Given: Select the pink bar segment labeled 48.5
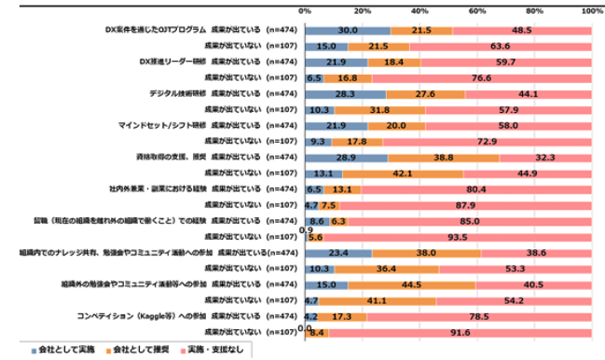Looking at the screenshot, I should pyautogui.click(x=522, y=30).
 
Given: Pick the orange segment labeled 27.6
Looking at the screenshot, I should pyautogui.click(x=425, y=93).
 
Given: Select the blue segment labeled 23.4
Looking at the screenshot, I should pyautogui.click(x=338, y=252).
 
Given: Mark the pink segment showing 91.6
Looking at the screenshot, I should pyautogui.click(x=460, y=331).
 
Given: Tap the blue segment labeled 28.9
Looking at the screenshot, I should pyautogui.click(x=346, y=157).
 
